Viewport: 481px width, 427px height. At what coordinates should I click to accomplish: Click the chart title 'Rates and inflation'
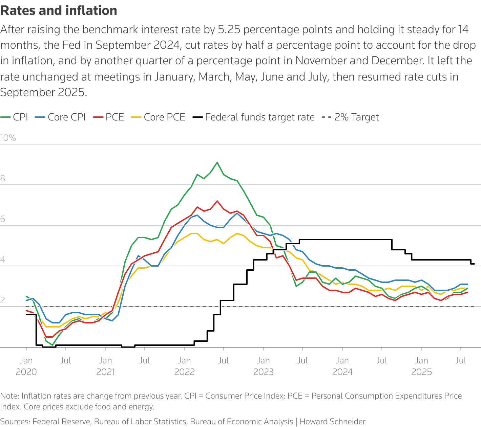[59, 11]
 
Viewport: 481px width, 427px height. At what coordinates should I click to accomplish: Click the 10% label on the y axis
[8, 138]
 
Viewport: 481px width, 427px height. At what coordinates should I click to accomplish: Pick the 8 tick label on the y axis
[3, 178]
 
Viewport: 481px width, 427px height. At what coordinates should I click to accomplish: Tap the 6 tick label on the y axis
[3, 219]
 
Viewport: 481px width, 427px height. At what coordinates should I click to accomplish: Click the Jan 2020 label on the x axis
[26, 366]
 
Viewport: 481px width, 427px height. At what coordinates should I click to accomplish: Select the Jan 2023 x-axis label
[263, 366]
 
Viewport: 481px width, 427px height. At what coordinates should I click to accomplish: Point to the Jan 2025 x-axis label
[421, 366]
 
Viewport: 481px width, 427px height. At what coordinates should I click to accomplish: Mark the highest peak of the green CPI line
[217, 162]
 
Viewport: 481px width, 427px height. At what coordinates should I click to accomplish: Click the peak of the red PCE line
[217, 201]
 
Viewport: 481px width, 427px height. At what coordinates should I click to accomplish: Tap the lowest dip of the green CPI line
[53, 345]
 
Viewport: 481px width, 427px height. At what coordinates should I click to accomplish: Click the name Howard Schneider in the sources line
[332, 422]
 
